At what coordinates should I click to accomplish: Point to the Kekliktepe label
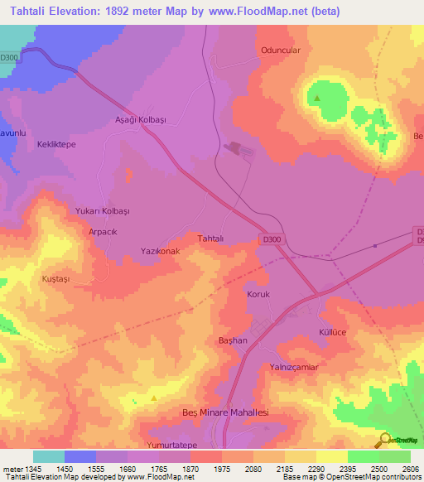click(56, 144)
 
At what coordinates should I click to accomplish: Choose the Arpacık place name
click(104, 233)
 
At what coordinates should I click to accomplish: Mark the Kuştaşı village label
click(57, 280)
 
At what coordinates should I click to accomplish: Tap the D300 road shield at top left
click(9, 57)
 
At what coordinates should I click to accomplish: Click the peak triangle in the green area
click(318, 99)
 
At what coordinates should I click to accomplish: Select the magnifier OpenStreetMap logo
click(383, 440)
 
